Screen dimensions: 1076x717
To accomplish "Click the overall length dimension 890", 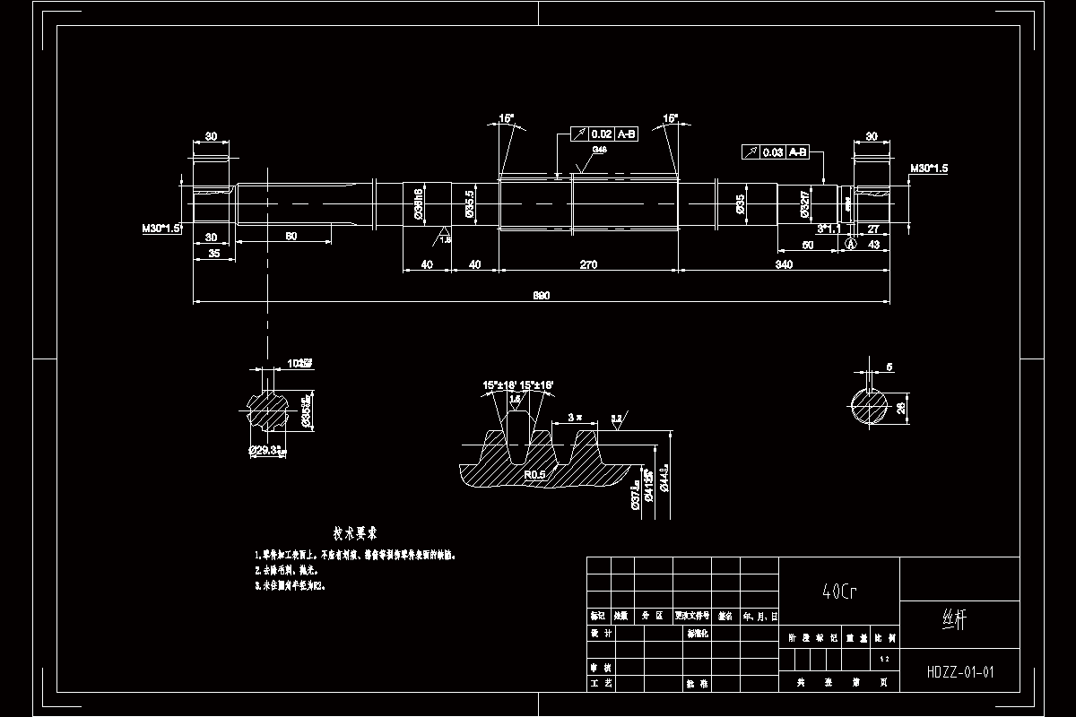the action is click(x=541, y=295).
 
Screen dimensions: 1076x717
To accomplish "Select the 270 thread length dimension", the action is click(x=588, y=264).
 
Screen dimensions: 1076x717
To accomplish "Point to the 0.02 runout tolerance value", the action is click(x=601, y=134).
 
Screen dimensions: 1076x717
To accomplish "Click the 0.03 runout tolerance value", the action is click(x=772, y=152).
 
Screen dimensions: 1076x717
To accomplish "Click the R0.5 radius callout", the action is click(x=535, y=474).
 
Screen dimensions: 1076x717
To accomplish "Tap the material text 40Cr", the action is click(x=838, y=592).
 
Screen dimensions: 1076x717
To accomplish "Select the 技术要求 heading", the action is click(x=354, y=533).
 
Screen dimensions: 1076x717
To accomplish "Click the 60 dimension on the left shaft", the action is click(x=291, y=236).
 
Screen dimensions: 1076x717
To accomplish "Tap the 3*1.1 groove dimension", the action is click(x=828, y=229).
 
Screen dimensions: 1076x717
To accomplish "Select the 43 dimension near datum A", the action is click(x=873, y=244).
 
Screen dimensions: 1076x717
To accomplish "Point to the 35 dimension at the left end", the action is click(x=214, y=254).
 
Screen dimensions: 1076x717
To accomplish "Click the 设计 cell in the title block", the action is click(x=601, y=633).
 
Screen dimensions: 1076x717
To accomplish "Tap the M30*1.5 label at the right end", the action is click(x=929, y=168).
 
